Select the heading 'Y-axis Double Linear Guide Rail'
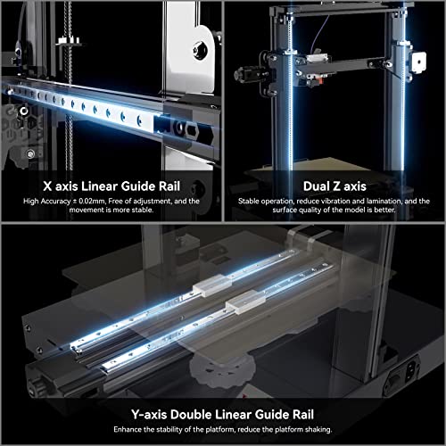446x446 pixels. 223,413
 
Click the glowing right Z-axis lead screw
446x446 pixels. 406,116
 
